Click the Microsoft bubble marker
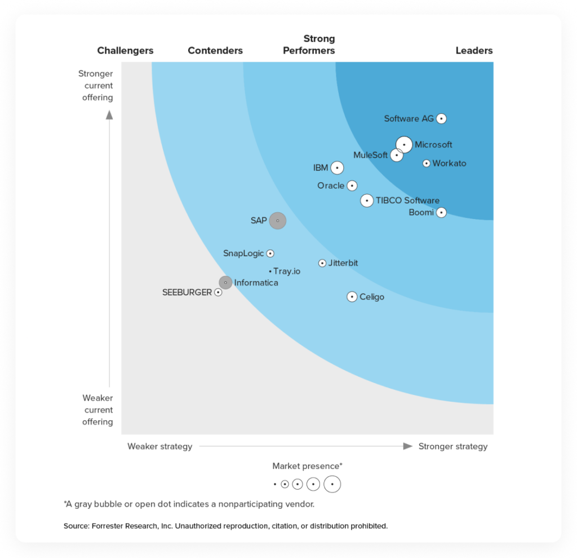[x=404, y=145]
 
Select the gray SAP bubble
[x=277, y=221]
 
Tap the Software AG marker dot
[x=442, y=118]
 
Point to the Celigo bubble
[x=352, y=297]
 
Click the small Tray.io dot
[x=270, y=271]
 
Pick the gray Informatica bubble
[x=225, y=282]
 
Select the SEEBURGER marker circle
[x=218, y=292]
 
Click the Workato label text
[x=449, y=164]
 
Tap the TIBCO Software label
[x=407, y=200]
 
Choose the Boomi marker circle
[x=442, y=213]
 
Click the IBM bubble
[x=337, y=168]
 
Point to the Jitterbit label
[x=343, y=263]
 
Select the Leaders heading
[x=474, y=51]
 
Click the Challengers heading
[x=125, y=51]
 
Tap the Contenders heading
[x=215, y=51]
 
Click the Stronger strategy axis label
[x=452, y=446]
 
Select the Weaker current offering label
[x=97, y=410]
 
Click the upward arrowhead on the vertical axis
[x=109, y=115]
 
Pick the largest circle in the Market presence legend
[x=332, y=484]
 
